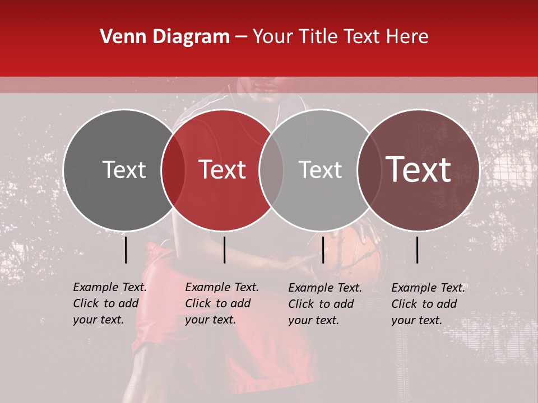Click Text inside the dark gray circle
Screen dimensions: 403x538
(124, 170)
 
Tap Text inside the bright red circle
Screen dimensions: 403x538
(222, 170)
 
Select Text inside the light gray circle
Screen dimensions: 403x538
(320, 170)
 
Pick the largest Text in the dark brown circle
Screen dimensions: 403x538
(419, 170)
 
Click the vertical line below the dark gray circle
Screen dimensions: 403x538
(126, 250)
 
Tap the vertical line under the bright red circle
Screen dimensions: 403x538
(224, 250)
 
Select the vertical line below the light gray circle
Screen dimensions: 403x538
(323, 250)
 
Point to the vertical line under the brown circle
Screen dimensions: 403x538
(418, 250)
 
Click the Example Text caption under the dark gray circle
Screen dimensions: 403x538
(109, 303)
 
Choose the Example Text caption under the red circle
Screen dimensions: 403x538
(221, 303)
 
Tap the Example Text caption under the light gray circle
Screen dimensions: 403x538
(324, 304)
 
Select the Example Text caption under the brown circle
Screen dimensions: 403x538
(428, 304)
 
